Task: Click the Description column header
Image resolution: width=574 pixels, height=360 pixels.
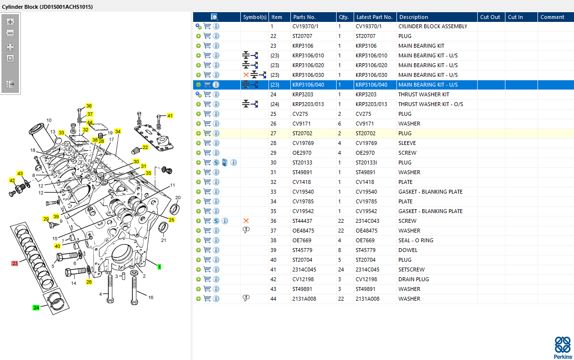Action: tap(413, 17)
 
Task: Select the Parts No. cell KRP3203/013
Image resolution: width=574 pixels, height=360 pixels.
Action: tap(308, 104)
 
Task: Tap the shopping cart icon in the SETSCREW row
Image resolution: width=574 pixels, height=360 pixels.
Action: tap(207, 270)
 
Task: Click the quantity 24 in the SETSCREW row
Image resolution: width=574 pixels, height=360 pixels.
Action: tap(341, 270)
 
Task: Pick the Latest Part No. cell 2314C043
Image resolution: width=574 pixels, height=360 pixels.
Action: tap(367, 221)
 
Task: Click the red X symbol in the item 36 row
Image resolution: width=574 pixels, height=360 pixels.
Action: tap(246, 221)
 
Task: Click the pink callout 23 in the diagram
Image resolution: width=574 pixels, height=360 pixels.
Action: tap(15, 263)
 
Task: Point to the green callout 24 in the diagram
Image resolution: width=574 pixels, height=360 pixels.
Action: tap(36, 307)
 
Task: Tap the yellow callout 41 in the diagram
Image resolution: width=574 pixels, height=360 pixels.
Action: tap(170, 116)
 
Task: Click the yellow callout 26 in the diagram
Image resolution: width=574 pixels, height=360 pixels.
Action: tap(89, 282)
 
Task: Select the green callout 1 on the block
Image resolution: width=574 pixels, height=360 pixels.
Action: tap(159, 267)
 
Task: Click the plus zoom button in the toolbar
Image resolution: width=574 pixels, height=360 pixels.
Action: tap(10, 22)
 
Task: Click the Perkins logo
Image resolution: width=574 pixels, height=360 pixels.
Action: tap(563, 347)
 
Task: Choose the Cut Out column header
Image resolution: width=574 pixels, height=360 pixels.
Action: tap(490, 17)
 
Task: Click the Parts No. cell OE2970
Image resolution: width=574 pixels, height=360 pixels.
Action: tap(302, 153)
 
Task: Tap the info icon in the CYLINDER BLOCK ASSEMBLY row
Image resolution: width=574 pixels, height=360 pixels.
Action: tap(216, 26)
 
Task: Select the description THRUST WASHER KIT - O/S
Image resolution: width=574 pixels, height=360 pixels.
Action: tap(430, 104)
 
